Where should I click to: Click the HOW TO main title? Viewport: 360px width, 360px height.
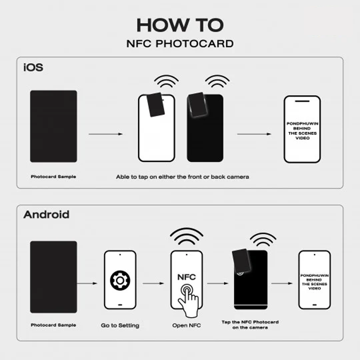(180, 25)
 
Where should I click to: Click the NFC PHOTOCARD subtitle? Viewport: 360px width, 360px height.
(180, 44)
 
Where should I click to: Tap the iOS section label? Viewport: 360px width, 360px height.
(33, 67)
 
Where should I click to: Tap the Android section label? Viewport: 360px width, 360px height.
(46, 215)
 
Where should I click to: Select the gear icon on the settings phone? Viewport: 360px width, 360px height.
(120, 280)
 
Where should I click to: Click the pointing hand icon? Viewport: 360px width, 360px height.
(188, 301)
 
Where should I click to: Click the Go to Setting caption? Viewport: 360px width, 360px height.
(120, 325)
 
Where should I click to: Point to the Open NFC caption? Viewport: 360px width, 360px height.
(186, 325)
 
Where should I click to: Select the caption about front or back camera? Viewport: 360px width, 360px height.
(182, 177)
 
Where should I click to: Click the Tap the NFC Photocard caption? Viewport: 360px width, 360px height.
(250, 324)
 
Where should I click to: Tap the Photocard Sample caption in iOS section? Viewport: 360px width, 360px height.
(53, 177)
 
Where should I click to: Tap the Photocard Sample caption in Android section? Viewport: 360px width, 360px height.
(53, 325)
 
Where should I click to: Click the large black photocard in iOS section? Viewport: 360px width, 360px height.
(53, 126)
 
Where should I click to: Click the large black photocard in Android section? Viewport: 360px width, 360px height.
(53, 277)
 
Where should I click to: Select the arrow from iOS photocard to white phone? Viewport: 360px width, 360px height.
(106, 134)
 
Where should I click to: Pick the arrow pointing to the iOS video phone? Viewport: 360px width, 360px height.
(254, 134)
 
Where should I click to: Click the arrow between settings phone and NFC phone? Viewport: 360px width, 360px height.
(154, 283)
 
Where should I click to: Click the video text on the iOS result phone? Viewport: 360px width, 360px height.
(302, 131)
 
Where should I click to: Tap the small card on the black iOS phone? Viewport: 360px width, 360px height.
(196, 105)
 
